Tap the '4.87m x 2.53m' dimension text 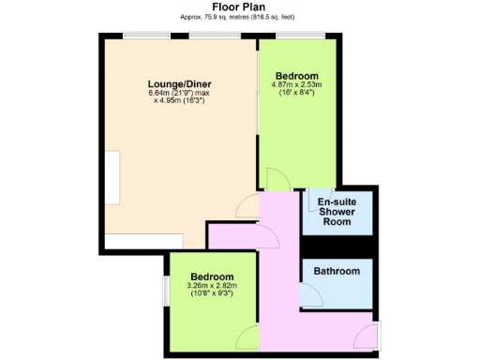coord(296,85)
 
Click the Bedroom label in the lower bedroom coord(211,277)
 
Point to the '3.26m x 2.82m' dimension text coord(211,286)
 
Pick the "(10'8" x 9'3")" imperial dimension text coord(211,294)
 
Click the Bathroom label coord(337,272)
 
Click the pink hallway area coord(281,281)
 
